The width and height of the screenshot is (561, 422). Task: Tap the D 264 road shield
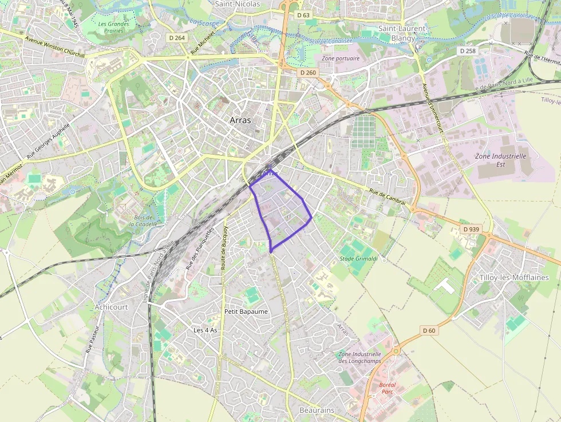pos(177,38)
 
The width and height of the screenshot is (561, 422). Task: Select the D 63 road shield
pos(303,15)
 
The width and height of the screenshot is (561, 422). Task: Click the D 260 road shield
pos(307,73)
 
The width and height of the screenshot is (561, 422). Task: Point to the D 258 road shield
pos(467,51)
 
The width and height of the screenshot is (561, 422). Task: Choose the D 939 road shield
pos(471,229)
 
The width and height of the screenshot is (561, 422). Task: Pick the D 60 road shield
pos(429,330)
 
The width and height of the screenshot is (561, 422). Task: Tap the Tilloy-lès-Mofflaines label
pos(513,277)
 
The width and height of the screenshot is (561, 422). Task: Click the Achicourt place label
pos(112,307)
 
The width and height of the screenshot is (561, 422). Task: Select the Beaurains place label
pos(317,411)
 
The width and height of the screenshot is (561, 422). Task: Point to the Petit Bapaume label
pos(246,311)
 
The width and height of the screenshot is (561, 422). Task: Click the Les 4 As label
pos(206,330)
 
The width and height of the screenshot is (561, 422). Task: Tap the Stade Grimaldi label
pos(359,259)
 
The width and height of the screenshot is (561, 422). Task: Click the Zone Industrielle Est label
pos(500,160)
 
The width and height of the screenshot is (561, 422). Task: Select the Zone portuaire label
pos(341,58)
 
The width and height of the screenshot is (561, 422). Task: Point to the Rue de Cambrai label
pos(388,197)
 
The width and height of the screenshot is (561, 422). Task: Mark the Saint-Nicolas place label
pos(237,4)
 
